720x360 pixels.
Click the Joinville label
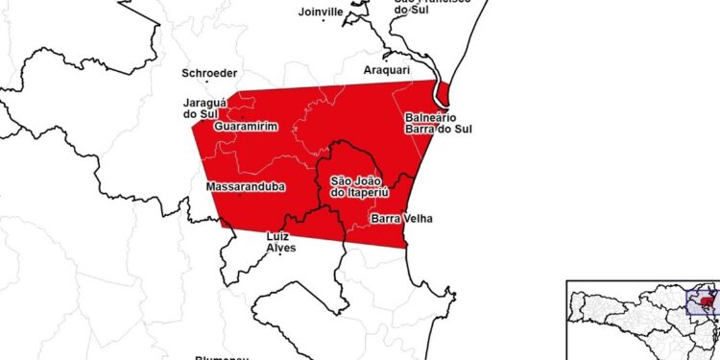pyautogui.click(x=321, y=12)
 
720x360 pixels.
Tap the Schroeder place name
pyautogui.click(x=210, y=73)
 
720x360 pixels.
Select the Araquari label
pyautogui.click(x=388, y=70)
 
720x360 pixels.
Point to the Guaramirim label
pyautogui.click(x=244, y=127)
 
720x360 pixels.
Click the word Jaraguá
pyautogui.click(x=204, y=103)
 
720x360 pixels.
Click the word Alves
pyautogui.click(x=279, y=248)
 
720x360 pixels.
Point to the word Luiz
pyautogui.click(x=278, y=236)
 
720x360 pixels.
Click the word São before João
pyautogui.click(x=341, y=180)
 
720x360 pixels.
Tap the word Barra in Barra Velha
pyautogui.click(x=385, y=218)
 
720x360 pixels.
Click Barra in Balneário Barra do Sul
pyautogui.click(x=423, y=130)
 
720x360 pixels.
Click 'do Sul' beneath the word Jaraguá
pyautogui.click(x=201, y=114)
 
